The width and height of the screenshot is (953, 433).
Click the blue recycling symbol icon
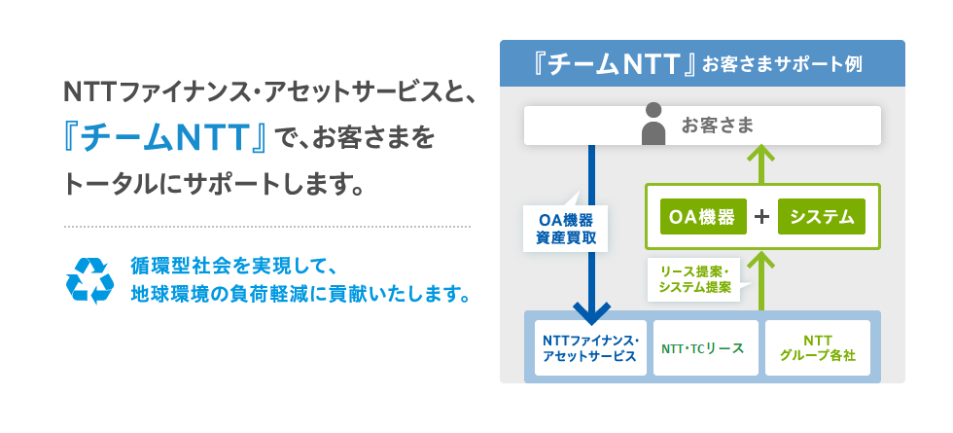click(x=89, y=279)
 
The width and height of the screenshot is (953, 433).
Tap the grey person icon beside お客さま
click(x=654, y=125)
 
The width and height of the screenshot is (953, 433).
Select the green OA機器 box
click(x=703, y=216)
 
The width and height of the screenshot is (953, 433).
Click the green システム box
click(x=822, y=216)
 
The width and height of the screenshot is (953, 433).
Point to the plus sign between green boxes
click(x=762, y=216)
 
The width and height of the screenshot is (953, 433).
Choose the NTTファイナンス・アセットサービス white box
click(x=590, y=347)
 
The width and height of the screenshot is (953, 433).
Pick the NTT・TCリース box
click(x=705, y=347)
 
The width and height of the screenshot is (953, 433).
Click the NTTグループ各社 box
click(x=818, y=347)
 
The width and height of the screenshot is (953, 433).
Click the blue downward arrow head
click(x=591, y=314)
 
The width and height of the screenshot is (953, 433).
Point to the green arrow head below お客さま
click(x=762, y=154)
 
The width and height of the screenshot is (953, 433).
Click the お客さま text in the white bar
click(x=718, y=125)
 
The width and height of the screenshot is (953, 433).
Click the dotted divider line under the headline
click(x=266, y=226)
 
